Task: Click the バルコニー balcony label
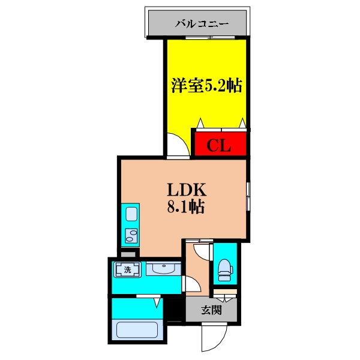click(202, 23)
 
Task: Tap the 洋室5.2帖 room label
click(206, 86)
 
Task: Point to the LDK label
click(187, 190)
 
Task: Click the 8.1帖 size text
click(186, 207)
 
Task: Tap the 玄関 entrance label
click(211, 310)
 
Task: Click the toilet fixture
click(225, 270)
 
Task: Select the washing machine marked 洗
click(127, 269)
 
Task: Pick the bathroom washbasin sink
click(163, 269)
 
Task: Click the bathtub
click(137, 330)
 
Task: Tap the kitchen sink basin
click(131, 214)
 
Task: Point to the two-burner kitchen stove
click(131, 236)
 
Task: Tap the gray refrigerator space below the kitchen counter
click(128, 254)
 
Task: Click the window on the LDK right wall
click(248, 197)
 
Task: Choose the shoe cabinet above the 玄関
click(225, 292)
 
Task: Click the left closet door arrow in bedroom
click(200, 123)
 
